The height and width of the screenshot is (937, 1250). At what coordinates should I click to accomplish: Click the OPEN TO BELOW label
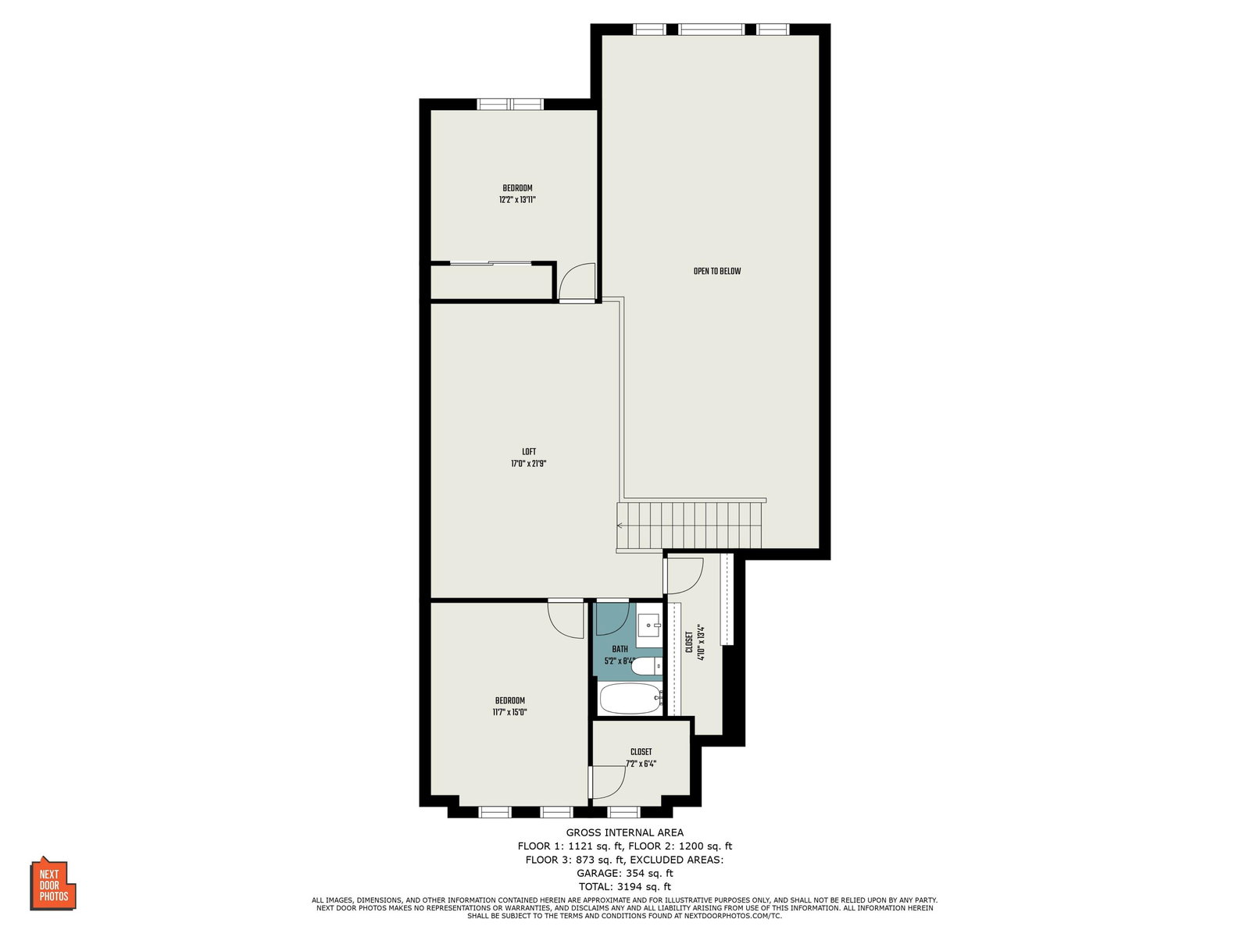717,272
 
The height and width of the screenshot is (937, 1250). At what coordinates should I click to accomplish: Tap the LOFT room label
529,452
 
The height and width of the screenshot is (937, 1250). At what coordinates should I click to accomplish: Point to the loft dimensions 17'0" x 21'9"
528,464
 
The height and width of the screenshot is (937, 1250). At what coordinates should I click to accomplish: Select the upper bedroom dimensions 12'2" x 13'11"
518,200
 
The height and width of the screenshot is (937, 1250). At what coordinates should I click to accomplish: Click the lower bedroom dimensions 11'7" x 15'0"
509,711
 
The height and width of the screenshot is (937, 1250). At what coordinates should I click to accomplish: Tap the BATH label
620,649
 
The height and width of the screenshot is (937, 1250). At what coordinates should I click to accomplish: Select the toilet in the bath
647,665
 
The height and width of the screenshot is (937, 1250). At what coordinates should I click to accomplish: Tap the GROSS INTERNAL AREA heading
625,832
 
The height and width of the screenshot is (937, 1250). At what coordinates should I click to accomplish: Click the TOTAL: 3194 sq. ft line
625,887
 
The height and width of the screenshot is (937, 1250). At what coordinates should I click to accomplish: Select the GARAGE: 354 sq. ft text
625,873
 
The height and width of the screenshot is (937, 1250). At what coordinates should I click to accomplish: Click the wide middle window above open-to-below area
711,30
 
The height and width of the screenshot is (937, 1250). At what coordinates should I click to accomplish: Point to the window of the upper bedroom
510,104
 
